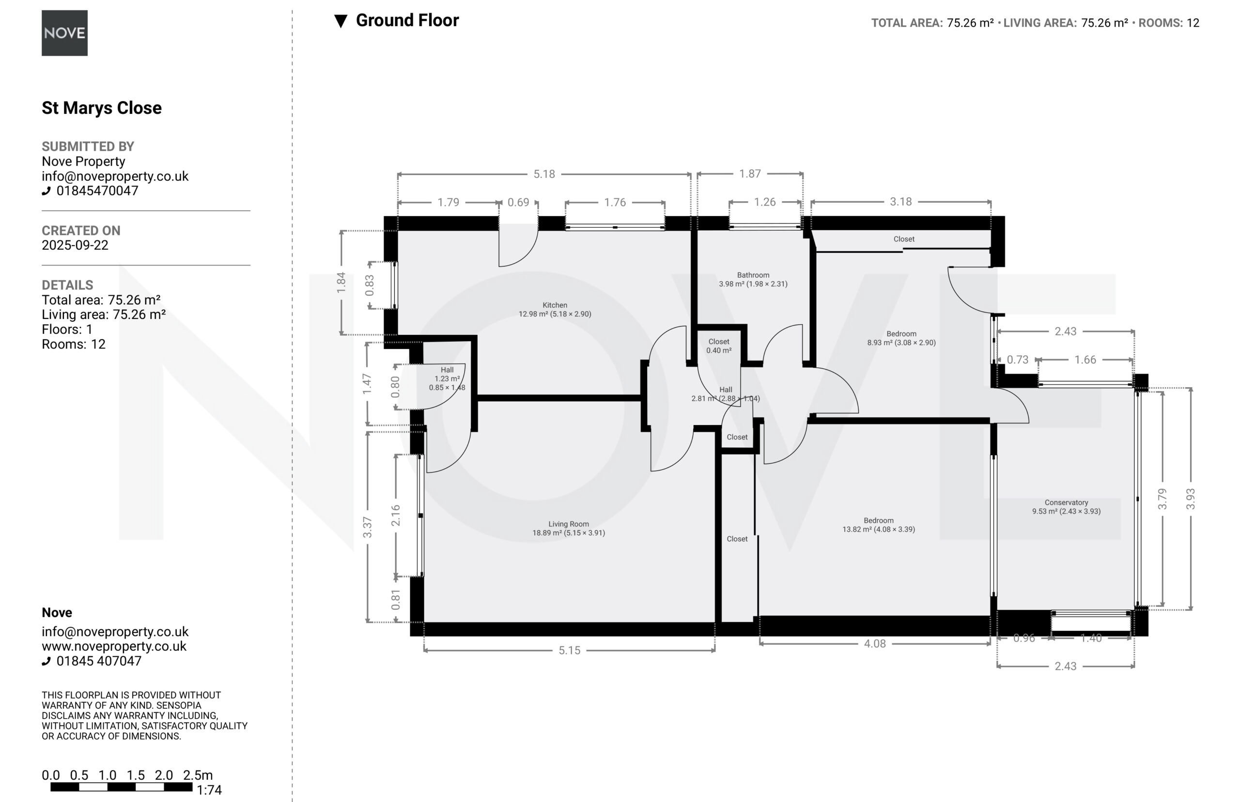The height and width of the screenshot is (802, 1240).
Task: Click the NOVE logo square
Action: [64, 33]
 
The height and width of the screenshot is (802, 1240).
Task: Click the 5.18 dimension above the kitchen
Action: [544, 174]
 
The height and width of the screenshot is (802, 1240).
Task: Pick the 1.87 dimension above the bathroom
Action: [750, 173]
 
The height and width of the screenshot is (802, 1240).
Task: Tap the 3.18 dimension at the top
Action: [900, 202]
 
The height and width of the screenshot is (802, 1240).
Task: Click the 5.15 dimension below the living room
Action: [570, 650]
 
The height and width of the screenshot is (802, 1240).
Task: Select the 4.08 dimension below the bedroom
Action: [875, 644]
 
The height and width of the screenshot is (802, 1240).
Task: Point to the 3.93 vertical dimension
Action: [1191, 499]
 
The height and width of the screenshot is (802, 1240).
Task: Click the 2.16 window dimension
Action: [396, 515]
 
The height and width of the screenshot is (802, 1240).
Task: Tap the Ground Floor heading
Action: [407, 20]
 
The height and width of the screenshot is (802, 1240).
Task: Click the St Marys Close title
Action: [102, 108]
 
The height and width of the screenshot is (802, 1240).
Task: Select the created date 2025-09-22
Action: [75, 245]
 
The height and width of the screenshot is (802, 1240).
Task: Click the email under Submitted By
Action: [115, 176]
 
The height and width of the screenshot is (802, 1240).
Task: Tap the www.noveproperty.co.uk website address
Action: [114, 646]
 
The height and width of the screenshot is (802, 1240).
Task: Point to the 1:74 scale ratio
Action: [209, 790]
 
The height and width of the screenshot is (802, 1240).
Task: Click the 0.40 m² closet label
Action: [719, 346]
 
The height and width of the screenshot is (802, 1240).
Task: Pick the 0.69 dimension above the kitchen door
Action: [518, 202]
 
